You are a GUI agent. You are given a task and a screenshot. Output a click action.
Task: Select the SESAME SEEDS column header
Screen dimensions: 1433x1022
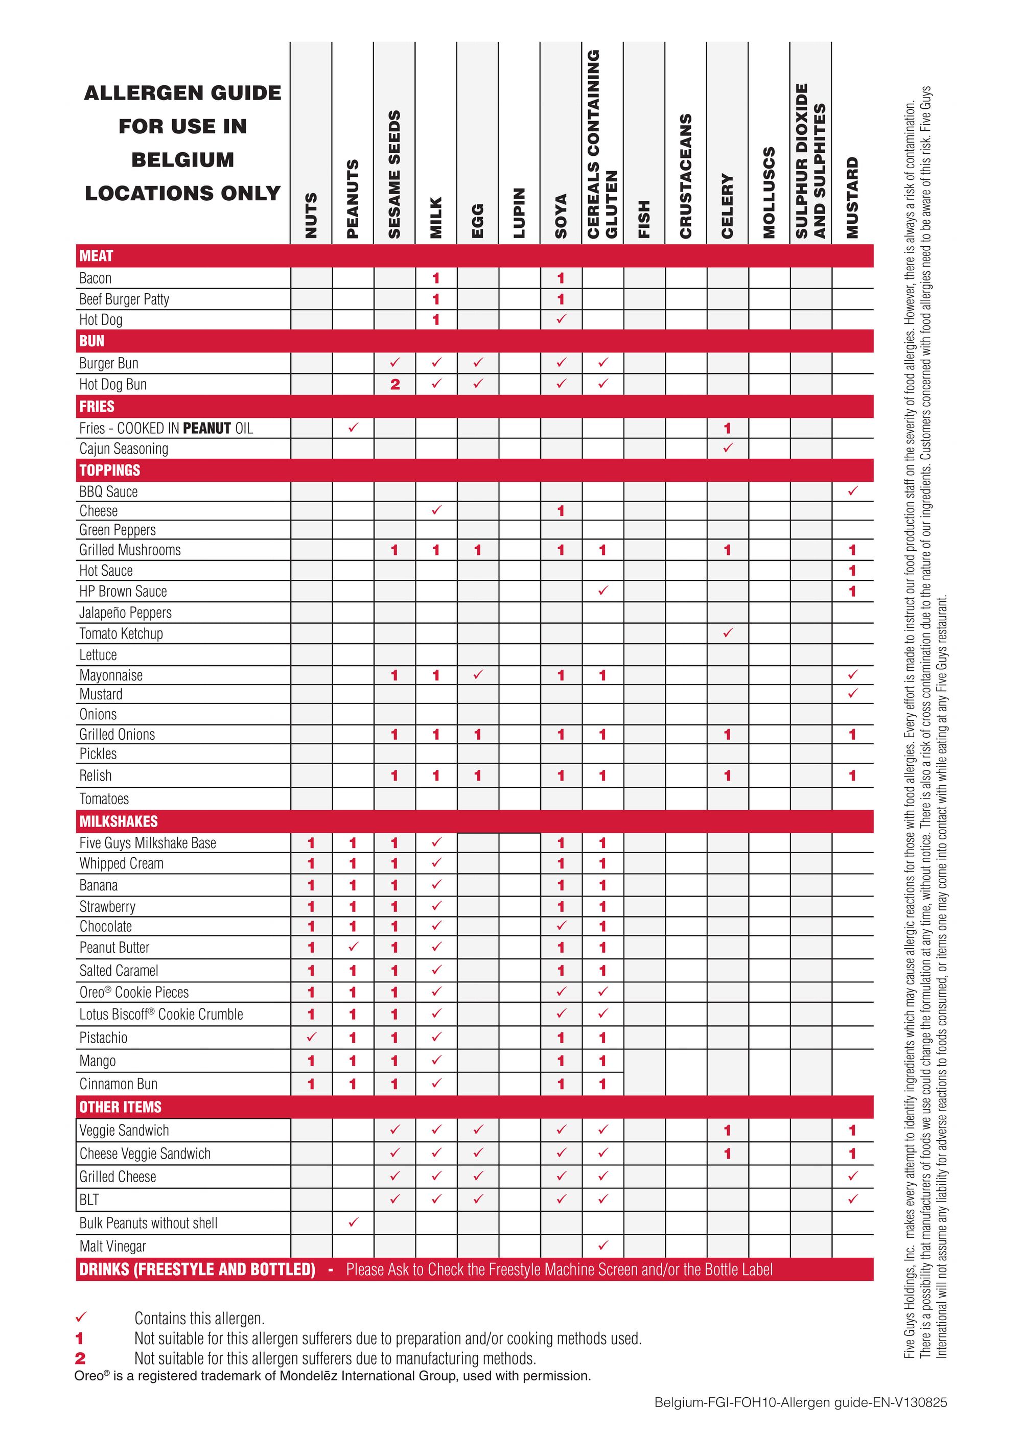(x=394, y=174)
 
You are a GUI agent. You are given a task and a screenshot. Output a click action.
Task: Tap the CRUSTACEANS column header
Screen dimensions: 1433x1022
(x=685, y=176)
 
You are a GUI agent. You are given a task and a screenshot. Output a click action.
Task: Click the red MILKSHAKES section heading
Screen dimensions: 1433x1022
(x=119, y=821)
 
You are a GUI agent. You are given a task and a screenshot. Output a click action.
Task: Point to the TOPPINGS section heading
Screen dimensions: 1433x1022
(x=109, y=470)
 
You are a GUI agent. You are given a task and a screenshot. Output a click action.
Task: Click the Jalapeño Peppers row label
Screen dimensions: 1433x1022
(x=125, y=612)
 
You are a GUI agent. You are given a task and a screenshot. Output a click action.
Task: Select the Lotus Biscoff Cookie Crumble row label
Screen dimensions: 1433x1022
(x=161, y=1014)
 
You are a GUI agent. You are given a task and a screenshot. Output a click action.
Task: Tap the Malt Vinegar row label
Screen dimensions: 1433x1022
(x=112, y=1246)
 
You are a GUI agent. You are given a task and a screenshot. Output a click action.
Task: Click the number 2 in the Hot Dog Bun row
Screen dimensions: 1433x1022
(x=394, y=384)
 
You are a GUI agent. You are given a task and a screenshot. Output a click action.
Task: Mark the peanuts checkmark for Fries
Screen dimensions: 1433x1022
(x=353, y=428)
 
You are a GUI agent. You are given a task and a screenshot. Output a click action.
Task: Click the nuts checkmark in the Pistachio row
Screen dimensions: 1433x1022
(x=311, y=1037)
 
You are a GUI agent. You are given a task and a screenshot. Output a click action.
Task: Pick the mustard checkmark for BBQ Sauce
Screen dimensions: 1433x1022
(x=852, y=490)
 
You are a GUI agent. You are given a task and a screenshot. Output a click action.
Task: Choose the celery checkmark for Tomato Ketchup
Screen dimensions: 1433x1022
(x=728, y=633)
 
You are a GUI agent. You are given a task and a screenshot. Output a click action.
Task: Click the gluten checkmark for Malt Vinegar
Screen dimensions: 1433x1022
(x=603, y=1245)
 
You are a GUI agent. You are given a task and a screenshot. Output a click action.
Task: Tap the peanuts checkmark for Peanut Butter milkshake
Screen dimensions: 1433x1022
(x=353, y=946)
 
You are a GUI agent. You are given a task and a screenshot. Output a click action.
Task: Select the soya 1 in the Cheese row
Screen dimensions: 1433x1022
(x=561, y=511)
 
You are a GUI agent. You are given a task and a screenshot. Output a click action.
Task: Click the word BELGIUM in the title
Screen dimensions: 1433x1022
(x=182, y=160)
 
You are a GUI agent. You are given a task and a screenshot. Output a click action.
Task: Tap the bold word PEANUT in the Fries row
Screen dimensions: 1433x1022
(x=207, y=429)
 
